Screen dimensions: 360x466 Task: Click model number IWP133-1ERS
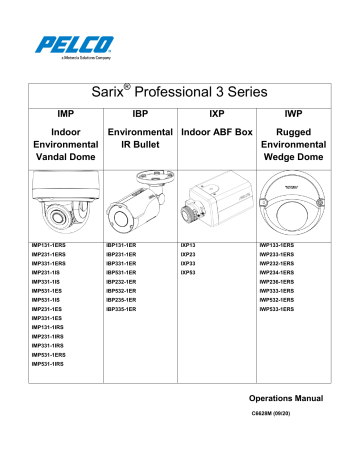coord(282,244)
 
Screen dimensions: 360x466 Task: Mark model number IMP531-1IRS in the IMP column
coord(48,363)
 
